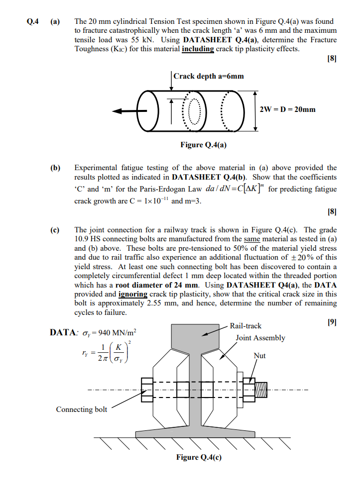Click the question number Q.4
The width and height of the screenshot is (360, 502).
click(33, 22)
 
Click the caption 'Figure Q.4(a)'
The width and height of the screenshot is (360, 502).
click(201, 145)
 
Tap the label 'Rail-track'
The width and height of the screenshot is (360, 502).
click(245, 326)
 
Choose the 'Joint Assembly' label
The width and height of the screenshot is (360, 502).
click(260, 338)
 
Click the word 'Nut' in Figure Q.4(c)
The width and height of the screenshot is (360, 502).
click(259, 356)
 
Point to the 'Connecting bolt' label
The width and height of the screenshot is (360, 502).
click(81, 409)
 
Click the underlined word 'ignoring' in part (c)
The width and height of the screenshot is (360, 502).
click(132, 294)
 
